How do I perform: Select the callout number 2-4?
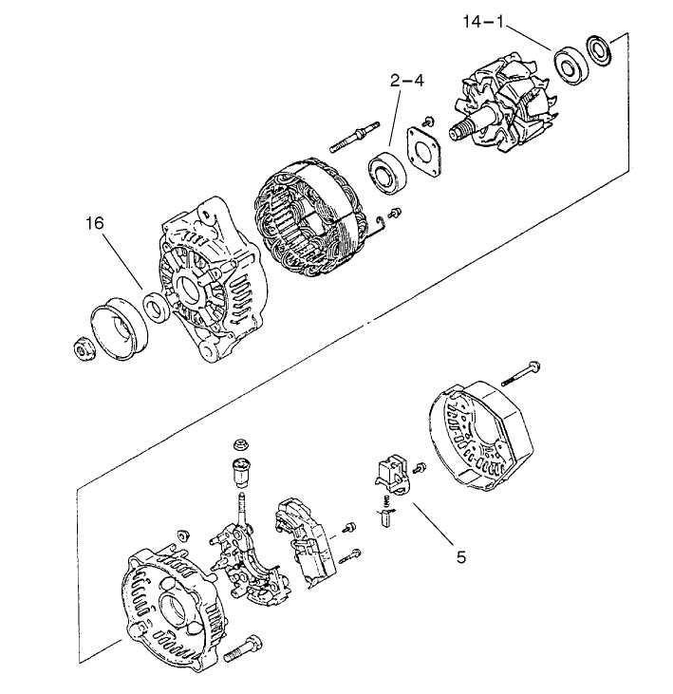[x=405, y=82]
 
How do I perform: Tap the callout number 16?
[x=95, y=223]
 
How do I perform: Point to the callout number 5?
[x=461, y=558]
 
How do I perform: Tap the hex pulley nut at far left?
[x=83, y=349]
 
